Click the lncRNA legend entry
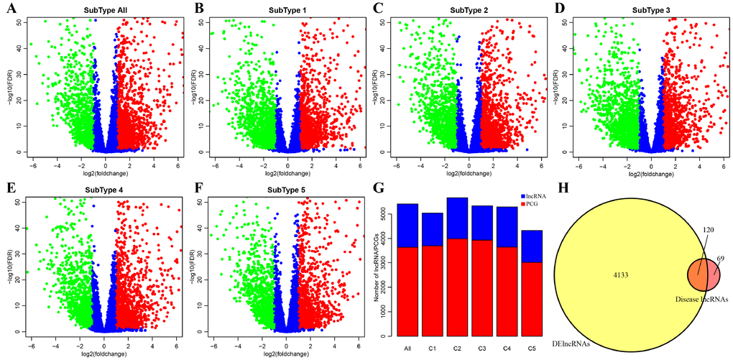pyautogui.click(x=533, y=196)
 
